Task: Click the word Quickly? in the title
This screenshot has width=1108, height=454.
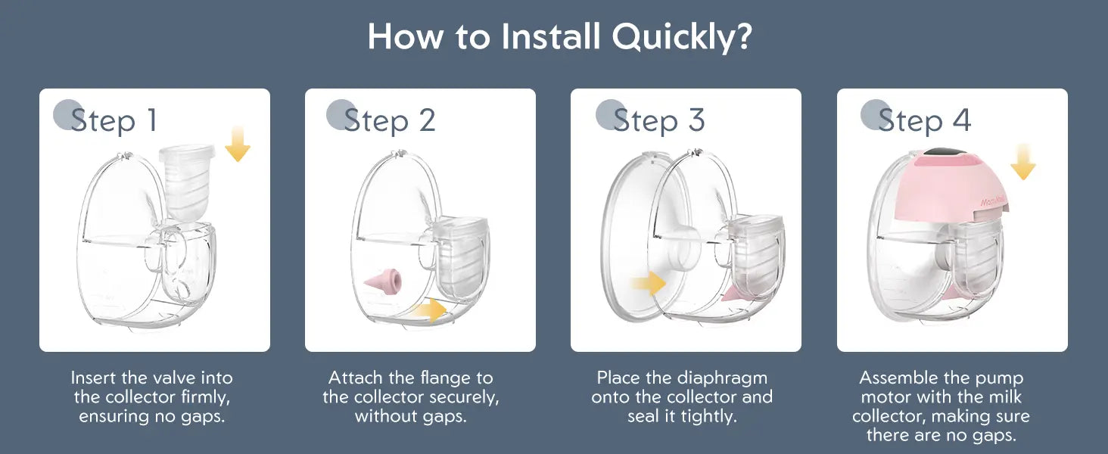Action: [682, 37]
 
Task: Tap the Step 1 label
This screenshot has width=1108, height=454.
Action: [114, 120]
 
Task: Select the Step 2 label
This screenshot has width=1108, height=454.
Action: [389, 120]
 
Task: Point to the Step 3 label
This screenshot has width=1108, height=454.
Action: [659, 120]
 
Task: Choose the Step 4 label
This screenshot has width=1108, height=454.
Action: [925, 120]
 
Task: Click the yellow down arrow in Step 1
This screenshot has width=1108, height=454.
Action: [238, 144]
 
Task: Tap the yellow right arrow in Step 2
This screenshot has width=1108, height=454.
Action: [429, 310]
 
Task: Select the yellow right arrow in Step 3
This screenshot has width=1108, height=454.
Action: [649, 284]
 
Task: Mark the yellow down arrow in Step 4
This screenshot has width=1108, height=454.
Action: [1023, 162]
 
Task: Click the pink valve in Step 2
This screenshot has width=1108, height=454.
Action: [383, 281]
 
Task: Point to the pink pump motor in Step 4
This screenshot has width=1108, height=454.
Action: [957, 185]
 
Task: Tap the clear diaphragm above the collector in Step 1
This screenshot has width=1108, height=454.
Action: [188, 182]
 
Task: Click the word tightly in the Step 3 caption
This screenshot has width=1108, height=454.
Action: [709, 417]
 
